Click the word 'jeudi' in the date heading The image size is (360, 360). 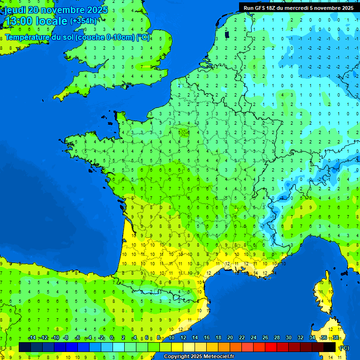15,10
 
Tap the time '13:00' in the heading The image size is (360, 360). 18,21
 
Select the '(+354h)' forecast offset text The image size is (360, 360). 83,21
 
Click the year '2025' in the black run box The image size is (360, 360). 345,8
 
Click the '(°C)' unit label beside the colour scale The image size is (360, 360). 344,348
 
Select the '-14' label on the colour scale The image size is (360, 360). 32,337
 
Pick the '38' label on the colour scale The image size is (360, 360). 336,337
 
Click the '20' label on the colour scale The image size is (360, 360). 230,337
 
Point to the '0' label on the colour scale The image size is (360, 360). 112,337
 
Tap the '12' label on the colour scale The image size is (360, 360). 183,337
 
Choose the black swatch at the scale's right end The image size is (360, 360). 330,347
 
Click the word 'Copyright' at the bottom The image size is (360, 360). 177,357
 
